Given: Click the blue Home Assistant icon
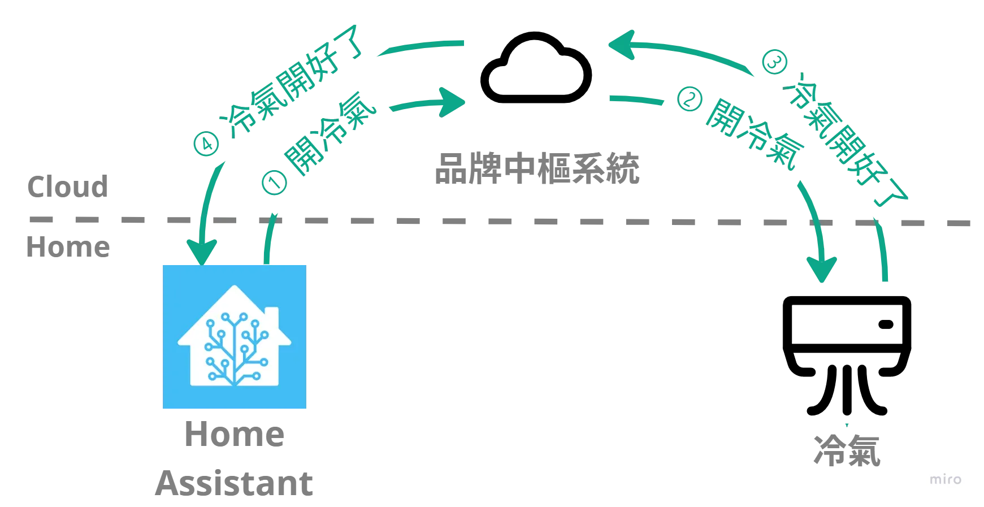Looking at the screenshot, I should click(x=235, y=336).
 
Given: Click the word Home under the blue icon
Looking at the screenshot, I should click(x=235, y=436).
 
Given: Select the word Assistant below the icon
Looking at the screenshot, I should click(x=235, y=484).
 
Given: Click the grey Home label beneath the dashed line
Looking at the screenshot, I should click(x=68, y=248).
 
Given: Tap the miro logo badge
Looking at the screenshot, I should click(x=947, y=479).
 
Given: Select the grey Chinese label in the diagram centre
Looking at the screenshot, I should click(x=537, y=168).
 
